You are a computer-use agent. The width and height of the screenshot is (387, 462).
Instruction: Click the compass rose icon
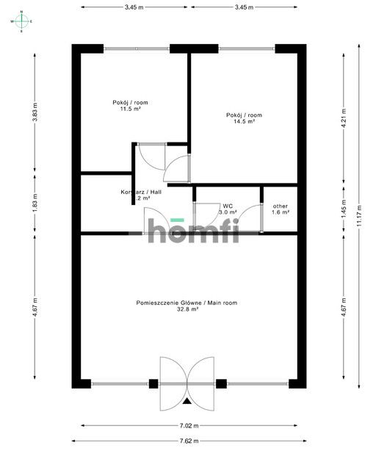[22, 21]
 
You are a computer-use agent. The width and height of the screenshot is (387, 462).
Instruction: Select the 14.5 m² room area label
[245, 118]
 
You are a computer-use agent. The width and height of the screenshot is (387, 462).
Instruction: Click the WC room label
[228, 209]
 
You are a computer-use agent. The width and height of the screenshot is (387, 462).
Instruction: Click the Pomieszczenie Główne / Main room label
[187, 306]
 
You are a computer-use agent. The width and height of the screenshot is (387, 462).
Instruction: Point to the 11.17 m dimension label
[359, 217]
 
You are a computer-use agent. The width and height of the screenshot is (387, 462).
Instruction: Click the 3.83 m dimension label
[35, 115]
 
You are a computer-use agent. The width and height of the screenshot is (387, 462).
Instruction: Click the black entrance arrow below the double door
[189, 401]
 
